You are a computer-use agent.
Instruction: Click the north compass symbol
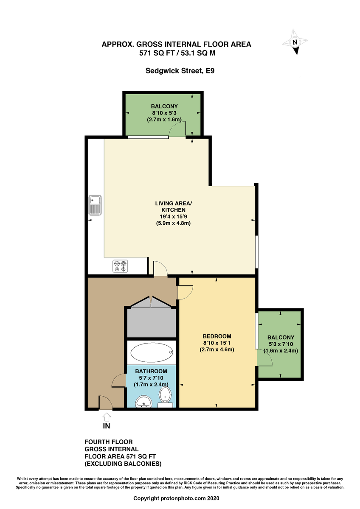[x=296, y=42]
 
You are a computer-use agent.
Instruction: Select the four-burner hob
[x=120, y=266]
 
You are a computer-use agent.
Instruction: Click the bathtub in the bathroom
[x=152, y=352]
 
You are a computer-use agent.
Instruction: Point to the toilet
[x=165, y=395]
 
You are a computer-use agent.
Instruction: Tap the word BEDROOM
[x=217, y=336]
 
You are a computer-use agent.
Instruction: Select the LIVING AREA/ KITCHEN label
[x=170, y=206]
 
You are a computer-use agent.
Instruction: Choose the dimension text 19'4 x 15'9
[x=170, y=216]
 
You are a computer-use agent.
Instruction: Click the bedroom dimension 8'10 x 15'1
[x=217, y=343]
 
